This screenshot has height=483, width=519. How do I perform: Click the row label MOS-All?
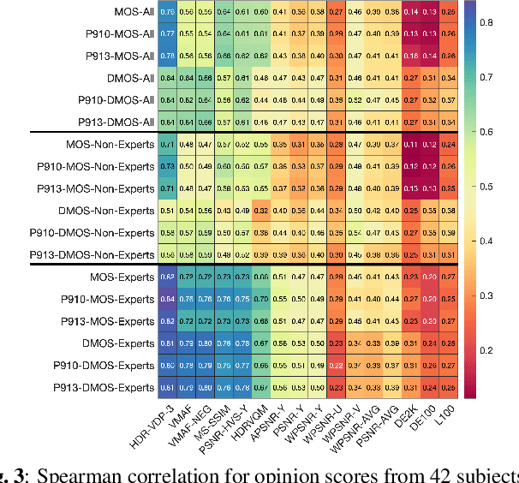pos(132,12)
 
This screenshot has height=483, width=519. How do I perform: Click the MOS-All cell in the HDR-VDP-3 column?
pos(167,12)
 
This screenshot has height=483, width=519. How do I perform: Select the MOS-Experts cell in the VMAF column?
pos(187,277)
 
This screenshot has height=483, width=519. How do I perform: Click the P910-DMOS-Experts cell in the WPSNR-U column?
pos(335,364)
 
